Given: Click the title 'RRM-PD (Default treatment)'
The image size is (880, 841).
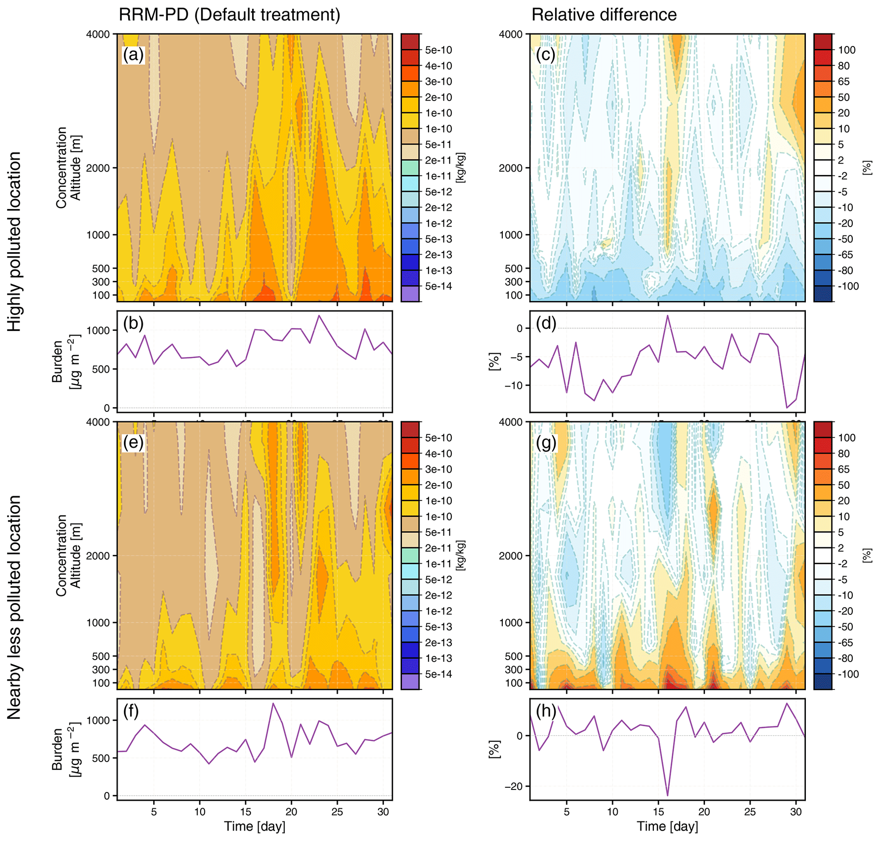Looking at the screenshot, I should pos(229,15).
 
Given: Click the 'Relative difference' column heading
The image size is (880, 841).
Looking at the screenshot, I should pos(604,15).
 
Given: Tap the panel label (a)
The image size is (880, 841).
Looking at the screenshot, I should pos(133,55).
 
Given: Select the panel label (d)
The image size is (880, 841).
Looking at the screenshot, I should pos(546,323).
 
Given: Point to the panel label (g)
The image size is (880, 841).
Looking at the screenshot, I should pos(546,443).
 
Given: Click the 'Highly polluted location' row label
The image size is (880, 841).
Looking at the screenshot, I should pos(14,242).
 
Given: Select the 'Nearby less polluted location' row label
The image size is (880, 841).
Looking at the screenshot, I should pos(14,608).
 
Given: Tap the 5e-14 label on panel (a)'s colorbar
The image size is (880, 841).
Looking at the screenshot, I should pos(438,287).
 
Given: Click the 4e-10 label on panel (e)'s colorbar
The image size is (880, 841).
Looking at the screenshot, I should pos(438,454).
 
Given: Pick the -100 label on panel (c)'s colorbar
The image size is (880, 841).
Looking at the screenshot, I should pos(848,287).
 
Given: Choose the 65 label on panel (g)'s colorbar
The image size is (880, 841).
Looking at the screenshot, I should pos(844,469).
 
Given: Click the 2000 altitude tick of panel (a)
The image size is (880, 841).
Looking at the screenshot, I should pos(98,168).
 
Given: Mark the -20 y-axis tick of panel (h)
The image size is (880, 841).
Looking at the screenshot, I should pos(516,787).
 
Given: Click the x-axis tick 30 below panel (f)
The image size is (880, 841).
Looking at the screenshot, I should pos(383,812).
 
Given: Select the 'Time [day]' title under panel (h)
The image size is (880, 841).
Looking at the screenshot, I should pos(668,826).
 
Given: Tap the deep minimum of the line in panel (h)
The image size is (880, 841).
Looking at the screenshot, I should pos(668,796).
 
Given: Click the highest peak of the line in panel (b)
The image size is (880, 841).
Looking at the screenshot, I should pos(319,316).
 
